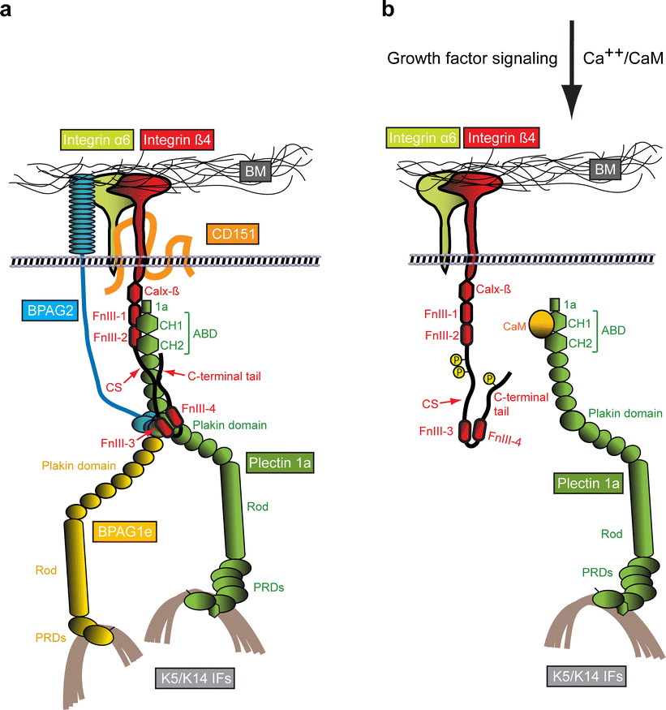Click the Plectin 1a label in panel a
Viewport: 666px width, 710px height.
pos(277,463)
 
